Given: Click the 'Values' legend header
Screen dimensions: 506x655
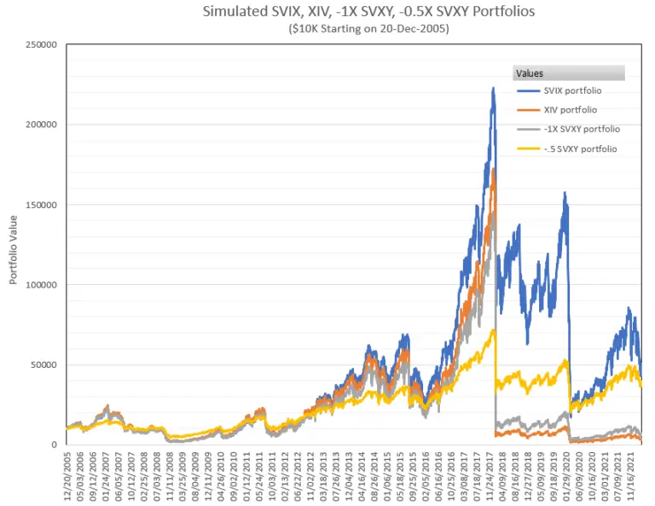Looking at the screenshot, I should coord(530,73).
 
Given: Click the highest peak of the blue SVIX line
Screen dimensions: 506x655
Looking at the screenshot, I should coord(493,87).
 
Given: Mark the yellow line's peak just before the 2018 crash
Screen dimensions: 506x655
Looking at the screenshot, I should coord(493,331).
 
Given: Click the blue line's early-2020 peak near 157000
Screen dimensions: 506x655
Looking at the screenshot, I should coord(564,193).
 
